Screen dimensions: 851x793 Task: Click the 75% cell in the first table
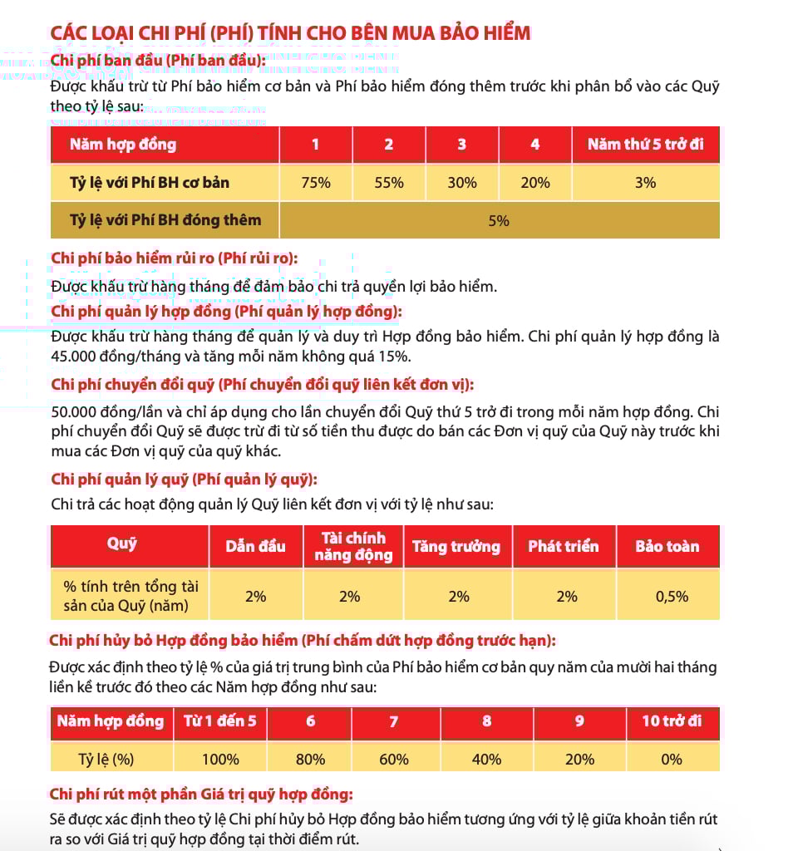pyautogui.click(x=316, y=183)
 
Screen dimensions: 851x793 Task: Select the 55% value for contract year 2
pyautogui.click(x=389, y=183)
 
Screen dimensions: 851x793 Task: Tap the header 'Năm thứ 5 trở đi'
pyautogui.click(x=645, y=145)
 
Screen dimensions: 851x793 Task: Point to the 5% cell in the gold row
pyautogui.click(x=499, y=221)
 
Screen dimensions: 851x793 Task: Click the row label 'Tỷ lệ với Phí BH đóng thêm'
pyautogui.click(x=165, y=220)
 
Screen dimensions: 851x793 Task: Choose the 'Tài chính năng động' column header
pyautogui.click(x=353, y=547)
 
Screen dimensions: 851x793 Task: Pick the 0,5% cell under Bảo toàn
pyautogui.click(x=667, y=596)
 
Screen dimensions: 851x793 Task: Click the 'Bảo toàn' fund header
pyautogui.click(x=667, y=547)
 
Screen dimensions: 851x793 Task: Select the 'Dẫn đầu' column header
pyautogui.click(x=255, y=547)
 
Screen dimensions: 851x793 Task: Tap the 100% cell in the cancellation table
pyautogui.click(x=220, y=759)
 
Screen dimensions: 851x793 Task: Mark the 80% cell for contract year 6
pyautogui.click(x=311, y=759)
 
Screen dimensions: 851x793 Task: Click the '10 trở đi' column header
pyautogui.click(x=672, y=721)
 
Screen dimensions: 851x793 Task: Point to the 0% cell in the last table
pyautogui.click(x=672, y=759)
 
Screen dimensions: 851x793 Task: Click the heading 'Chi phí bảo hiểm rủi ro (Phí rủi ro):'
pyautogui.click(x=175, y=259)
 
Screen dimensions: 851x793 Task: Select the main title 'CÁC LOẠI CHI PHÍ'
pyautogui.click(x=290, y=33)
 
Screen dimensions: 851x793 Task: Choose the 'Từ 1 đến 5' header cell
pyautogui.click(x=220, y=721)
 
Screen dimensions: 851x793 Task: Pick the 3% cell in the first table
pyautogui.click(x=645, y=183)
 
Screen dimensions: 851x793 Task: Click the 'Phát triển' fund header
pyautogui.click(x=564, y=547)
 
